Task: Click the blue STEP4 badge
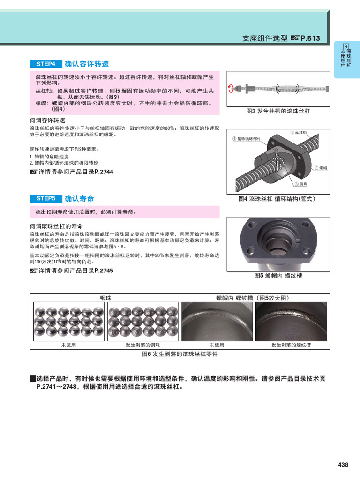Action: tap(46, 64)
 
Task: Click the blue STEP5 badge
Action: tap(46, 199)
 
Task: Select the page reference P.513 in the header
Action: tap(310, 38)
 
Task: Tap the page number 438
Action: tap(343, 465)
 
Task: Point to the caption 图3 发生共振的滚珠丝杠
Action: tap(278, 112)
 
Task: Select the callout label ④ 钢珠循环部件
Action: tap(247, 139)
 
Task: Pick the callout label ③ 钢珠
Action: tap(301, 184)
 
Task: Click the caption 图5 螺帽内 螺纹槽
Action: tap(278, 276)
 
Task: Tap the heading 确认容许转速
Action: tap(87, 64)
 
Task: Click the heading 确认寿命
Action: tap(79, 199)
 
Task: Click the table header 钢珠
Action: tap(105, 298)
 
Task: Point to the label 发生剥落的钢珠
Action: tap(142, 345)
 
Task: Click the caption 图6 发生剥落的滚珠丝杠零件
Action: tap(180, 355)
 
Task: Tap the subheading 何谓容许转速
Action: tap(47, 120)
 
